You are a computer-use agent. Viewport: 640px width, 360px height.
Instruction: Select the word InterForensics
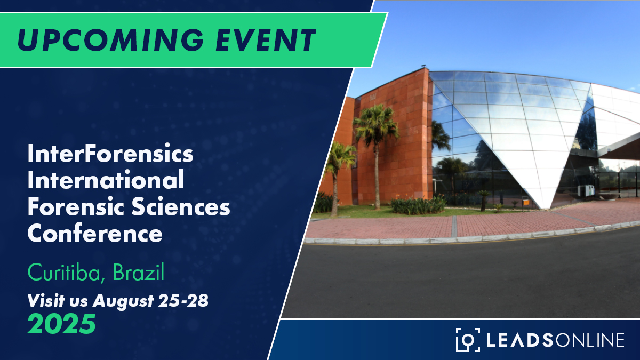[110, 155]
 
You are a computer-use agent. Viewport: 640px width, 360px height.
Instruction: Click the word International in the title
[106, 181]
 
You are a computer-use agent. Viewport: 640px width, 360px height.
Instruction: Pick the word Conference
[95, 234]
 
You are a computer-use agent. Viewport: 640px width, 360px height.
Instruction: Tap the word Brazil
[139, 273]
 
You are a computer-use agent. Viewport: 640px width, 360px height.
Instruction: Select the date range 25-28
[183, 301]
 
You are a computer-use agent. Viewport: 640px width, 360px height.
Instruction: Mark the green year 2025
[61, 324]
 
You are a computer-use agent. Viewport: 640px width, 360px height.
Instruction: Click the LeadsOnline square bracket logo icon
[468, 340]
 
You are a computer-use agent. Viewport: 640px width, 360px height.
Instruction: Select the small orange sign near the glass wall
[526, 202]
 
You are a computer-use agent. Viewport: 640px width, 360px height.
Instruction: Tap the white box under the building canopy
[586, 190]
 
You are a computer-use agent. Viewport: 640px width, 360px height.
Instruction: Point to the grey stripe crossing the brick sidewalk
[454, 226]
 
